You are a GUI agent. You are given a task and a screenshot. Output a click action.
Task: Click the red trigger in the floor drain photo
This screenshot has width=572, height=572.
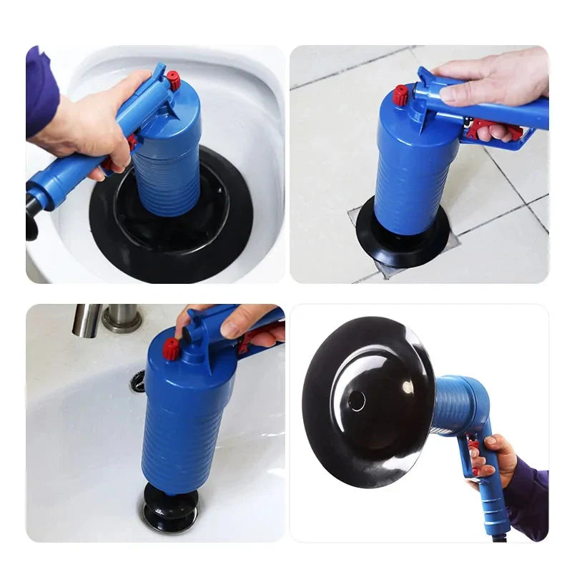[x=494, y=129]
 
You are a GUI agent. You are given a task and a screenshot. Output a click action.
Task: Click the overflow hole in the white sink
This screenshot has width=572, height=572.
[x=137, y=380]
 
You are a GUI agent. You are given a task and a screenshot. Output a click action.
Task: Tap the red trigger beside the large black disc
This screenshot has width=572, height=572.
[x=474, y=458]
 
